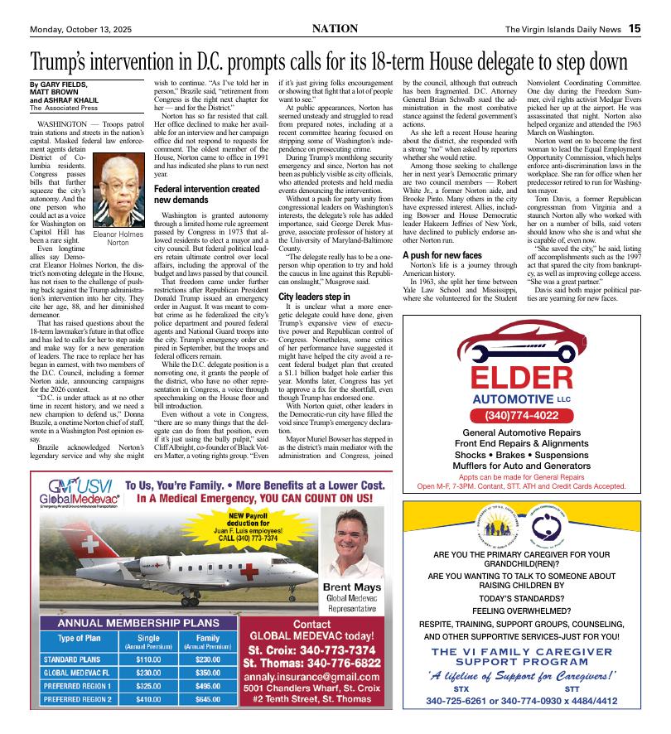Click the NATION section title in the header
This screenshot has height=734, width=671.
click(335, 28)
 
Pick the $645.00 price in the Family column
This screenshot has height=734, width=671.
click(207, 698)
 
